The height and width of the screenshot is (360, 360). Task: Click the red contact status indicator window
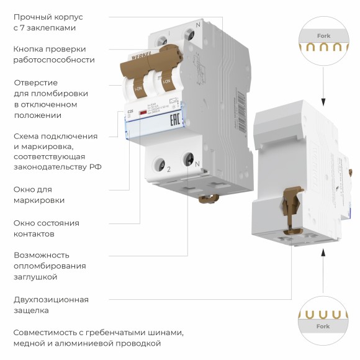point(143,112)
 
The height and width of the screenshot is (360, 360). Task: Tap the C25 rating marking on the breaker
point(130,112)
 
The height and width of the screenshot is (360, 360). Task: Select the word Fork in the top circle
point(323,36)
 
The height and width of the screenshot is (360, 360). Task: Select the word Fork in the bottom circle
point(323,326)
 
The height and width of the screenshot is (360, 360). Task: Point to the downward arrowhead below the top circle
point(323,101)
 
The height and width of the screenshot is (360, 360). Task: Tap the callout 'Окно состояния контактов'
point(47,228)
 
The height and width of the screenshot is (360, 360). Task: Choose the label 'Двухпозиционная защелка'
point(51,305)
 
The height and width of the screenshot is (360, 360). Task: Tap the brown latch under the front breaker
point(208,199)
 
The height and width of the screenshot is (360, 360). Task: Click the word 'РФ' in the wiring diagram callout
point(96,167)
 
